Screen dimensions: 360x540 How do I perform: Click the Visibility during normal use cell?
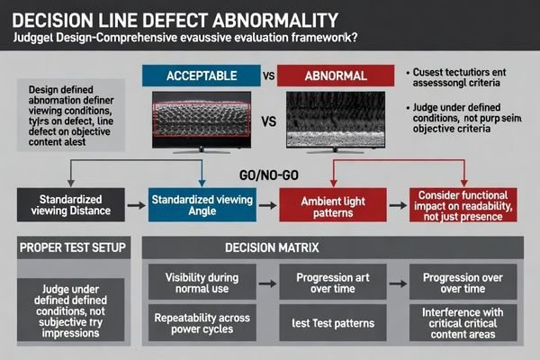coord(202,282)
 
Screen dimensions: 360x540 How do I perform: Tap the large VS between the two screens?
coord(267,119)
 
